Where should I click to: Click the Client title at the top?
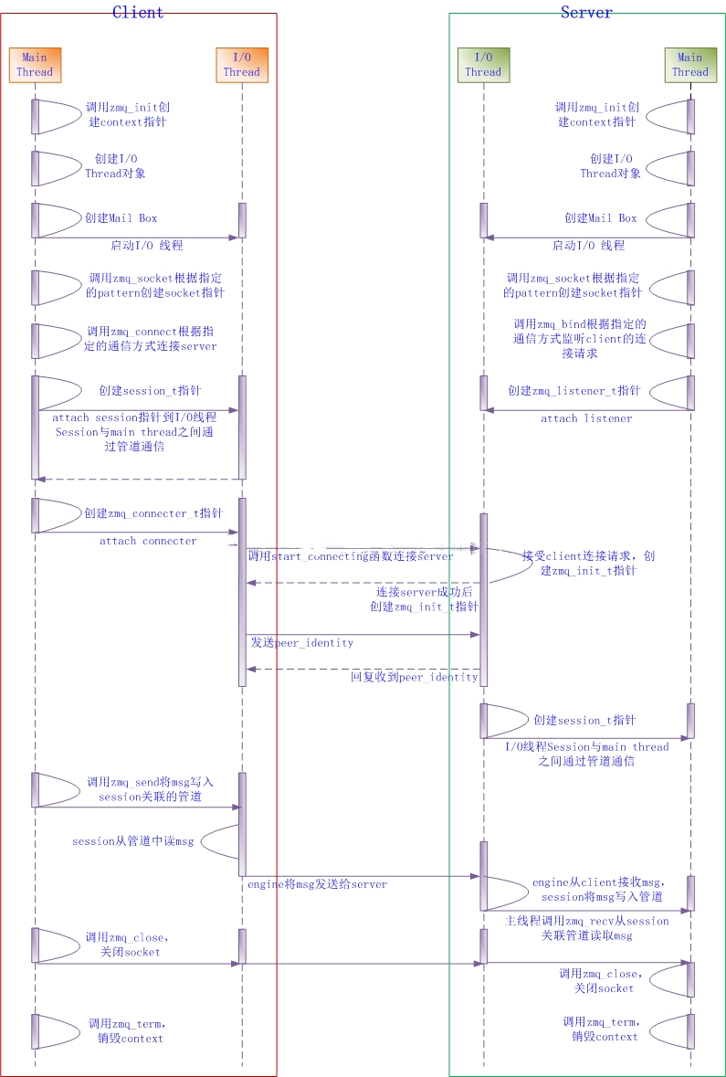pyautogui.click(x=138, y=12)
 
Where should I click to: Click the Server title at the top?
pyautogui.click(x=586, y=12)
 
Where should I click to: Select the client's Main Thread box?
pyautogui.click(x=35, y=65)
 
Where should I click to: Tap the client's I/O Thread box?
pyautogui.click(x=242, y=65)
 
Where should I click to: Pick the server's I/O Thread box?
pyautogui.click(x=483, y=65)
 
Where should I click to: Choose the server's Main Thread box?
pyautogui.click(x=690, y=64)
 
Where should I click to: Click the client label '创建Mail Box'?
pyautogui.click(x=121, y=218)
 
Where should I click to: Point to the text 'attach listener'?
pyautogui.click(x=586, y=418)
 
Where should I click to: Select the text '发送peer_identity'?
pyautogui.click(x=302, y=643)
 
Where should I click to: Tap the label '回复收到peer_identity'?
pyautogui.click(x=415, y=677)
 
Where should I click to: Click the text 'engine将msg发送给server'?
pyautogui.click(x=318, y=884)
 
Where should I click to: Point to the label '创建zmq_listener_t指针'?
pyautogui.click(x=574, y=391)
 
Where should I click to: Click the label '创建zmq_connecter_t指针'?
pyautogui.click(x=153, y=513)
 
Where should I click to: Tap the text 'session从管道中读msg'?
pyautogui.click(x=133, y=841)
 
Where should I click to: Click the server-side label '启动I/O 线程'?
pyautogui.click(x=588, y=245)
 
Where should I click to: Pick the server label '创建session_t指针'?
pyautogui.click(x=584, y=720)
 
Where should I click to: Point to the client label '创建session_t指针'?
pyautogui.click(x=145, y=391)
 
